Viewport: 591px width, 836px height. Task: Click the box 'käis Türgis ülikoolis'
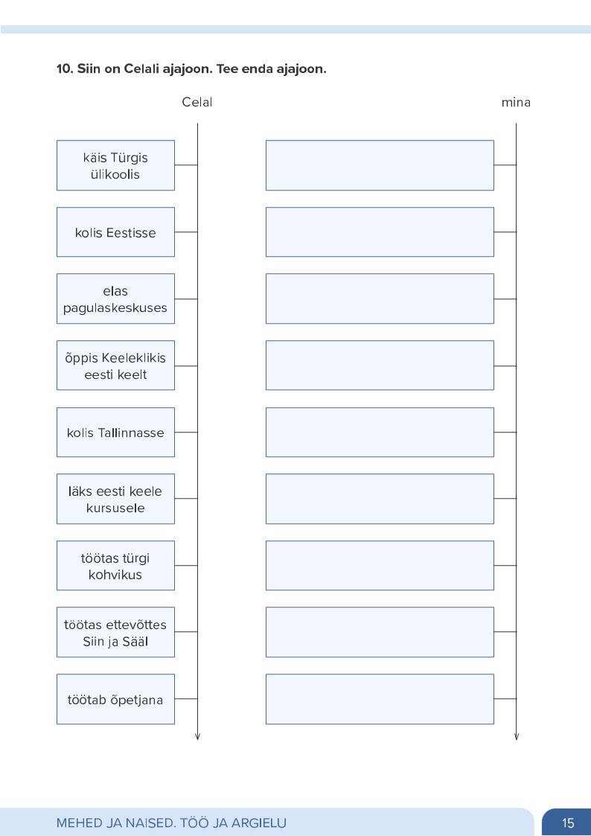click(x=115, y=165)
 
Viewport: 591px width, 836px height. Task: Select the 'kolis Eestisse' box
click(x=115, y=232)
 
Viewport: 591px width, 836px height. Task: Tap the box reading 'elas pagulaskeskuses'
click(x=115, y=299)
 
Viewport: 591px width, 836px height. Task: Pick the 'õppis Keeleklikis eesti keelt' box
click(x=115, y=366)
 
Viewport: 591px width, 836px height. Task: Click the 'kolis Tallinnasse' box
click(x=115, y=432)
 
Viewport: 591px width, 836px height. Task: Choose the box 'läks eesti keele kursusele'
click(x=115, y=499)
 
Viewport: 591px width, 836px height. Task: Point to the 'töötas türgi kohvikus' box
click(x=115, y=565)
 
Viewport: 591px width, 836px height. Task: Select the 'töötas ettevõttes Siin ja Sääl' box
click(x=115, y=632)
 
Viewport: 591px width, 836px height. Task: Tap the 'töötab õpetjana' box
click(x=115, y=699)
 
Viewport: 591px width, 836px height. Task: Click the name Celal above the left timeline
click(x=197, y=103)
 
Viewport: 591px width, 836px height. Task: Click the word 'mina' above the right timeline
click(x=516, y=103)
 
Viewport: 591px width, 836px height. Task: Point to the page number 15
click(x=568, y=823)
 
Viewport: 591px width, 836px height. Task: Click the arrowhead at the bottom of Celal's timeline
click(x=198, y=737)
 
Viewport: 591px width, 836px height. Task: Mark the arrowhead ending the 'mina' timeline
click(x=517, y=737)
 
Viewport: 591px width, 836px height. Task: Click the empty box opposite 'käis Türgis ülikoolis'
click(x=380, y=165)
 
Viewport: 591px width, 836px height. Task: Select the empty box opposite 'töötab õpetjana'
click(x=380, y=699)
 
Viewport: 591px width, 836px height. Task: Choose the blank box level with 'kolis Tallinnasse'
click(x=380, y=432)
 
